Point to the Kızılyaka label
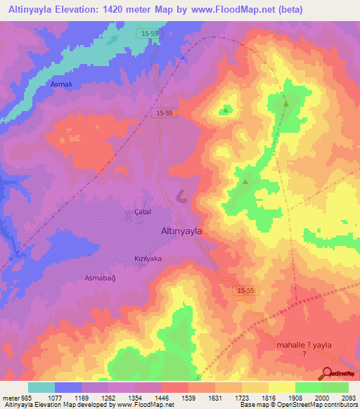[148, 259]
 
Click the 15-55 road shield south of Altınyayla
[243, 289]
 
